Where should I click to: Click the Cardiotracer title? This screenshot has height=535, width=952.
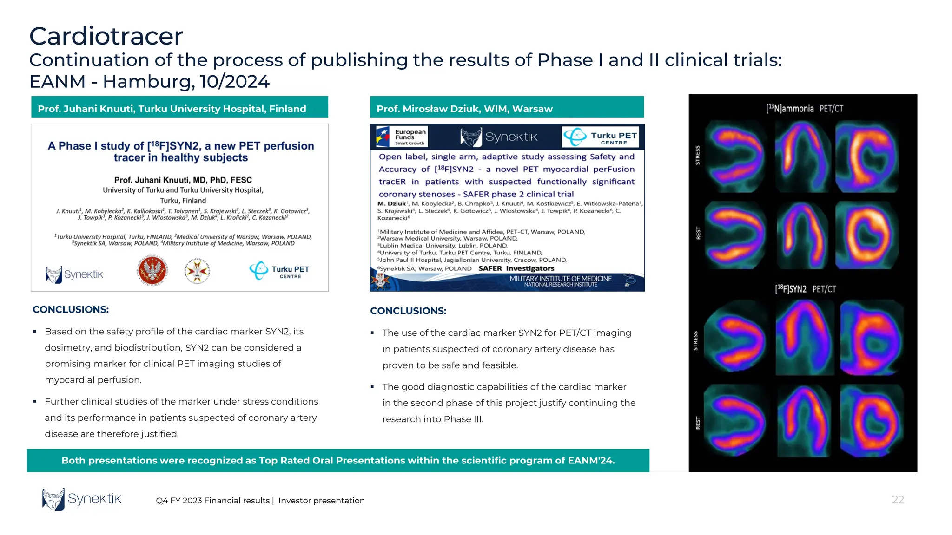click(106, 36)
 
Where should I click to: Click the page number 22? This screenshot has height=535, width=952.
click(898, 500)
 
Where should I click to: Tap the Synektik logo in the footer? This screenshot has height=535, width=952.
click(82, 499)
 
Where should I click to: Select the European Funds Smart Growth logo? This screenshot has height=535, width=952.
click(402, 137)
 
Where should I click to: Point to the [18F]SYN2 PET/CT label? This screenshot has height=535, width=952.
click(805, 289)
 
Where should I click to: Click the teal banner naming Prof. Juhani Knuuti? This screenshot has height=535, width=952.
click(179, 108)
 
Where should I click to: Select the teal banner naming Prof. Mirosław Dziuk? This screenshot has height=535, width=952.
click(507, 108)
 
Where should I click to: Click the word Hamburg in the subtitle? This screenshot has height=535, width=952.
click(146, 82)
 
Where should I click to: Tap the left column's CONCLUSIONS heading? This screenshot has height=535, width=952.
click(71, 310)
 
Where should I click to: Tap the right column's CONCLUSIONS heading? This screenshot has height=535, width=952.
click(408, 311)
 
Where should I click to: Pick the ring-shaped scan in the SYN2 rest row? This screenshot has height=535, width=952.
click(871, 420)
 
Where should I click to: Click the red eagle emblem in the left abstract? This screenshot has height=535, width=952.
click(152, 270)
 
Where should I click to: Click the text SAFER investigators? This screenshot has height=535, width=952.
click(516, 268)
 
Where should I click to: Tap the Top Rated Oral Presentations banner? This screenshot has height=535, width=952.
click(338, 461)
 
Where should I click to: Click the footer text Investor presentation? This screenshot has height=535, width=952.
click(322, 501)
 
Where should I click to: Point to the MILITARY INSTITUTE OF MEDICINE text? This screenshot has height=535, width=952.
click(561, 279)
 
